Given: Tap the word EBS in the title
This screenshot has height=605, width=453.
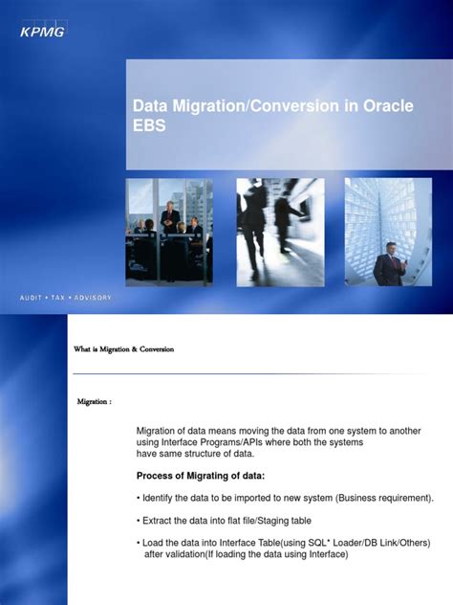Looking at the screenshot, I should [x=150, y=125].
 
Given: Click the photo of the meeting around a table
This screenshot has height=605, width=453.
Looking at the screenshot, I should [x=169, y=232].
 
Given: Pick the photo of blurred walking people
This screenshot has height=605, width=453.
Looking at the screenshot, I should [x=279, y=232].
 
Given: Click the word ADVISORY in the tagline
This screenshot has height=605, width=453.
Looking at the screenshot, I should [x=91, y=298].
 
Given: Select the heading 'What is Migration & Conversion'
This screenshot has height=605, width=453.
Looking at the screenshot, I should [x=123, y=349].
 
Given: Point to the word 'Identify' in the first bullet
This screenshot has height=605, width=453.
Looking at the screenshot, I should [x=163, y=498].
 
